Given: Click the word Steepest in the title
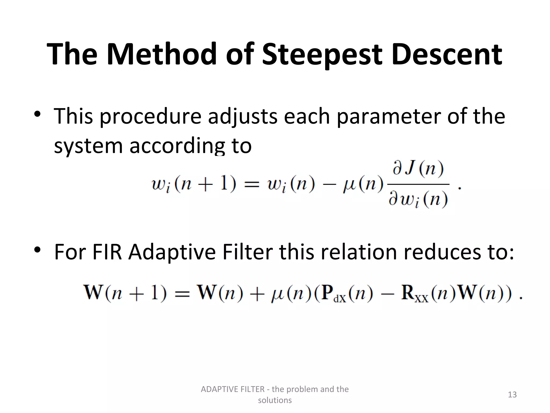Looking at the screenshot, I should point(321,55).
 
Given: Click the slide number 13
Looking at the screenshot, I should point(512,394).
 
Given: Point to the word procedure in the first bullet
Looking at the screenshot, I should point(150,116).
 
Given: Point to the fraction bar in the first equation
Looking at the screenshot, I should point(418,184).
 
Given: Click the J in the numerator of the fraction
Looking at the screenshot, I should point(410,169).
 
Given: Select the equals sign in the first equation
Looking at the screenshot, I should point(252,185).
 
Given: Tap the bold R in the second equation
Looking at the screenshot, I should point(408,292).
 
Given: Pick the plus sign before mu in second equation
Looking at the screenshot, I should point(256,293).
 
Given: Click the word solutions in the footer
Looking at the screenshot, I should point(274,400).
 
